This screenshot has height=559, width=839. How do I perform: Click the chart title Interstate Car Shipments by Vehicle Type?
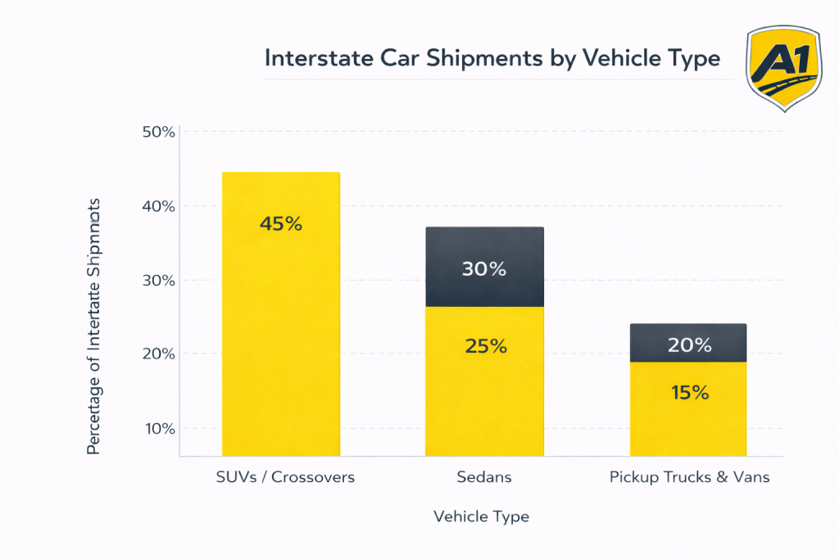[492, 59]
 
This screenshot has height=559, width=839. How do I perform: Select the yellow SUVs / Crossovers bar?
[281, 344]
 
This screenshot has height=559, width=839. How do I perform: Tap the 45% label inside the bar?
[281, 223]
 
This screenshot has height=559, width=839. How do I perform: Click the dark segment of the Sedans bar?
[484, 267]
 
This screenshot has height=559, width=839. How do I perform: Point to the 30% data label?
[484, 268]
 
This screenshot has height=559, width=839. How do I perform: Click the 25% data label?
[484, 346]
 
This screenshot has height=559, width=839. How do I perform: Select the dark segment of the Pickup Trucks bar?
[688, 342]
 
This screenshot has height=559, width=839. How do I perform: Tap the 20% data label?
[688, 345]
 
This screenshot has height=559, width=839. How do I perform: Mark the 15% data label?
[688, 393]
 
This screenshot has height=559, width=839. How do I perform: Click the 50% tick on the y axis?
[159, 132]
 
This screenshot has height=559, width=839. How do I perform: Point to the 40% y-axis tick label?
[159, 206]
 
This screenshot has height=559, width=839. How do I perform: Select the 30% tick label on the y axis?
[159, 280]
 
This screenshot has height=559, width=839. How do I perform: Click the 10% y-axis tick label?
[159, 428]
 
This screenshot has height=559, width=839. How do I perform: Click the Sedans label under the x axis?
[484, 477]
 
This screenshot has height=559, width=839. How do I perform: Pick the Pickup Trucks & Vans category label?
[689, 477]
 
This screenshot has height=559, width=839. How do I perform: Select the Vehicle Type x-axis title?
[481, 516]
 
